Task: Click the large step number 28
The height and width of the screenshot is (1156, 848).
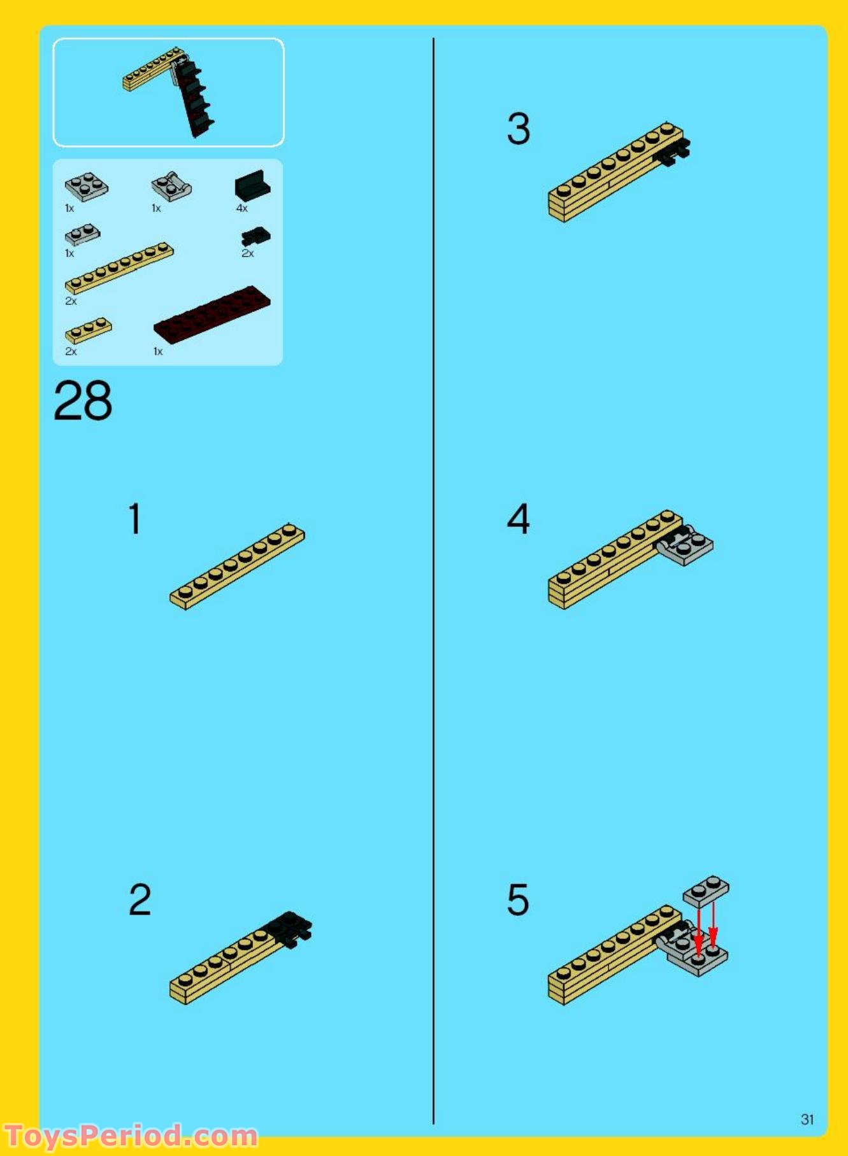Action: tap(83, 401)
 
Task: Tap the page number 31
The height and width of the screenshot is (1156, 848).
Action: tap(807, 1119)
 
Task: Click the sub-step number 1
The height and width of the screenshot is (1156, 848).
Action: tap(134, 518)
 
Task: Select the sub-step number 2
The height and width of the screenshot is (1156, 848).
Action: tap(140, 899)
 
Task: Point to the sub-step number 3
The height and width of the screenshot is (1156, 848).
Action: tap(519, 129)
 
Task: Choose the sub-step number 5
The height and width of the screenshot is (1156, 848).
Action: tap(518, 899)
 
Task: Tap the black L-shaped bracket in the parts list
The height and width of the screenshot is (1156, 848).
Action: tap(252, 185)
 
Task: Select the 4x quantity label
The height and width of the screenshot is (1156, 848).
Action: tap(242, 208)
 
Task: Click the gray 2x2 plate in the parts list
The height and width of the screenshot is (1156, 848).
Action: tap(87, 187)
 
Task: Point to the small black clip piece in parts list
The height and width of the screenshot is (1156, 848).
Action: tap(255, 237)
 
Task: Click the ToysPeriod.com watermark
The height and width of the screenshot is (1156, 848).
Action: tap(131, 1136)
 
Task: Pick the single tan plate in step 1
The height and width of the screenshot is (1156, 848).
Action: tap(237, 566)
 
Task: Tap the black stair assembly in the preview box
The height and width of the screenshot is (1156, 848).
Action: tap(195, 99)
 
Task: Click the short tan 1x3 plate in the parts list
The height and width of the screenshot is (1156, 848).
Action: tap(88, 330)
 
